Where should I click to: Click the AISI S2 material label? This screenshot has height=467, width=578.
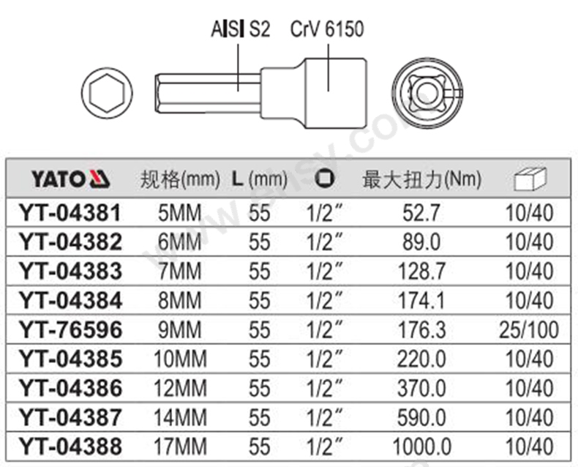(240, 30)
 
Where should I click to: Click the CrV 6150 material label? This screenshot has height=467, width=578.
(326, 30)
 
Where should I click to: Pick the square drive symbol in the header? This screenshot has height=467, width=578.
(324, 179)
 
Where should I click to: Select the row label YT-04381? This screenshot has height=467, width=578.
(71, 214)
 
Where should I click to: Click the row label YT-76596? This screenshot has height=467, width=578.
(71, 329)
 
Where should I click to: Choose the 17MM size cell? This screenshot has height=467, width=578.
(180, 445)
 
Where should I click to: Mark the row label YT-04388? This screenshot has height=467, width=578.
(71, 445)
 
